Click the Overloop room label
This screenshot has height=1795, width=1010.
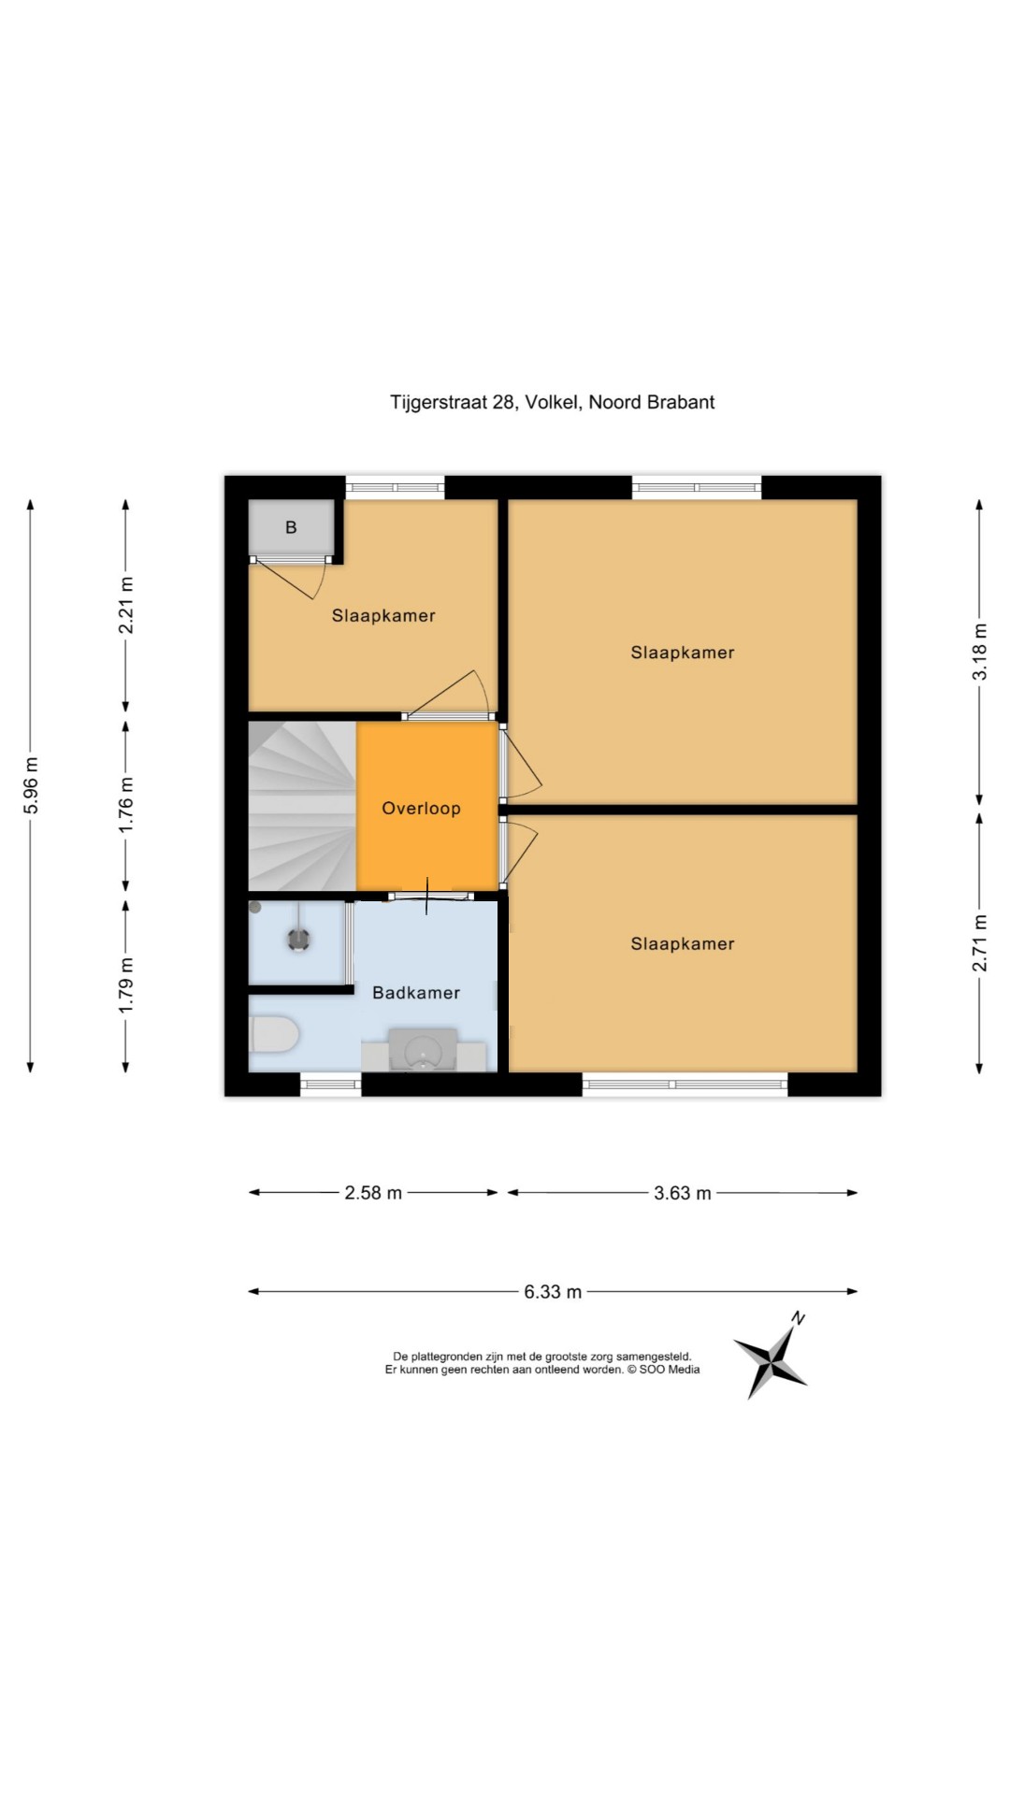click(421, 809)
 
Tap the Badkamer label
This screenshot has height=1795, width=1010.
click(416, 993)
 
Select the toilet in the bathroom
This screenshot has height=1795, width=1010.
click(273, 1035)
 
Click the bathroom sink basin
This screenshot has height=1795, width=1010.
click(423, 1049)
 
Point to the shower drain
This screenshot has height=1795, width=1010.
click(299, 939)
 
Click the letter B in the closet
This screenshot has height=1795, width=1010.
click(291, 527)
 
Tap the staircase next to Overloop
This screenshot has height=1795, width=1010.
click(302, 806)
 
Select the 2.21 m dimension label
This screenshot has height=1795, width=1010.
click(125, 605)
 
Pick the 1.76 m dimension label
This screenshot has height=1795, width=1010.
click(125, 805)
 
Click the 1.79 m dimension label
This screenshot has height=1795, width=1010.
click(125, 985)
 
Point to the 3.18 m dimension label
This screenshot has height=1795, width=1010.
click(979, 651)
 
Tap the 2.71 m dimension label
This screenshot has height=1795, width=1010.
click(979, 942)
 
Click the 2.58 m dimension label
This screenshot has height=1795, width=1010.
click(373, 1192)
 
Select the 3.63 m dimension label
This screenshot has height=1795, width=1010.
click(683, 1193)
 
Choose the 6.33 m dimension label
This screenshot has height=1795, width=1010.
click(553, 1292)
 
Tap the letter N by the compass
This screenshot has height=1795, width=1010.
click(798, 1318)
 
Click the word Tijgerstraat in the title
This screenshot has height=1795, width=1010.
click(439, 403)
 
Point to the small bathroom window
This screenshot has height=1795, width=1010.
click(330, 1084)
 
